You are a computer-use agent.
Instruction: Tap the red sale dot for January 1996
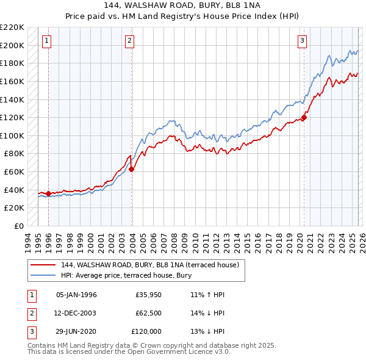[48, 193]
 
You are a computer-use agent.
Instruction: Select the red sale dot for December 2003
[131, 170]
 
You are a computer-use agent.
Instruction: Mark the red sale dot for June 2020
[303, 118]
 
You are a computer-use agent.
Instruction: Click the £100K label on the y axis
[12, 135]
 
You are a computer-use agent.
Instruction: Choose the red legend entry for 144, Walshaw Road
[153, 265]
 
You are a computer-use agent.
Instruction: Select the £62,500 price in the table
[148, 313]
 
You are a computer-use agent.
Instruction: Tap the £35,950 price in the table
[148, 295]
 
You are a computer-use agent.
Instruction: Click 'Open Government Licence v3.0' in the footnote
[182, 352]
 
